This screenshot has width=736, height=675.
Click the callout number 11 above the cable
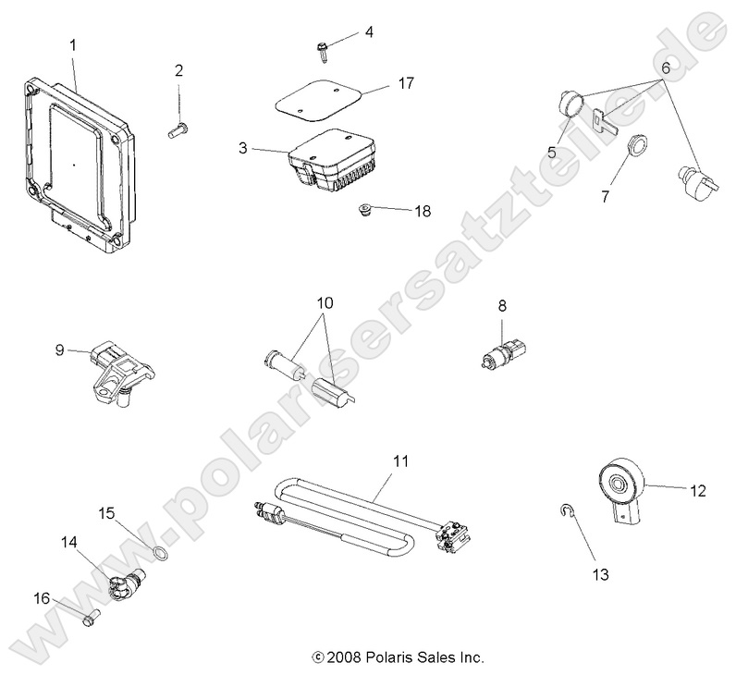click(399, 460)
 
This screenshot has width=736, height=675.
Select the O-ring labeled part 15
click(160, 553)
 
